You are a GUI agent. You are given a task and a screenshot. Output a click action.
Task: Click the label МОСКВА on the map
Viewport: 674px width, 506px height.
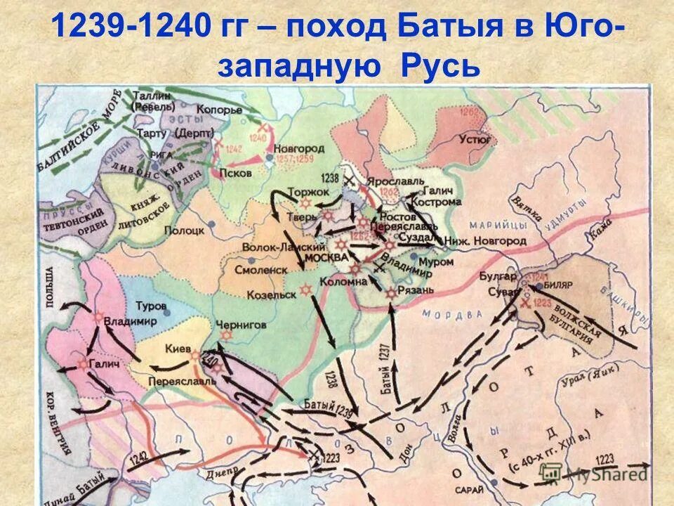pos(327,258)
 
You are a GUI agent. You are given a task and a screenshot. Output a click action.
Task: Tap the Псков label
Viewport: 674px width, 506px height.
pos(232,172)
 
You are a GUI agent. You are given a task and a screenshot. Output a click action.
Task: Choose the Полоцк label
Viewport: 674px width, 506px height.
pos(184,230)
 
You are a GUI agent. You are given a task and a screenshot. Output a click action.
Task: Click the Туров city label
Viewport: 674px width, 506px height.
pos(151,307)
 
